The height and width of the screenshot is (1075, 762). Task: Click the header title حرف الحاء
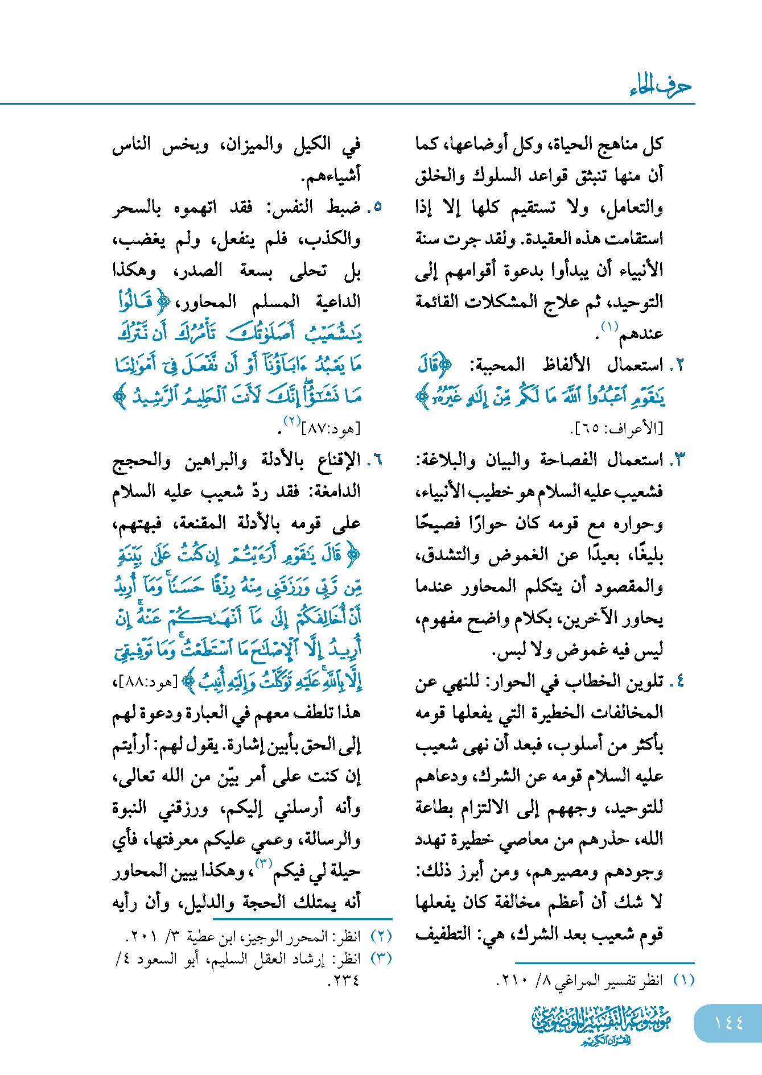660,86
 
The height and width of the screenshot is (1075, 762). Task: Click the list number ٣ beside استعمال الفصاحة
679,460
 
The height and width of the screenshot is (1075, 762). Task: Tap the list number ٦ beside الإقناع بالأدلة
375,460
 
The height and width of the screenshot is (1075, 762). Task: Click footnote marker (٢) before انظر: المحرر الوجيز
381,936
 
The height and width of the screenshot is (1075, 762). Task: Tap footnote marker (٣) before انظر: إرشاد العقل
381,958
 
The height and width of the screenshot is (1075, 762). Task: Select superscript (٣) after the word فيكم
264,863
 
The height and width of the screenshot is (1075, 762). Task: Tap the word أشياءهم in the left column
333,176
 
